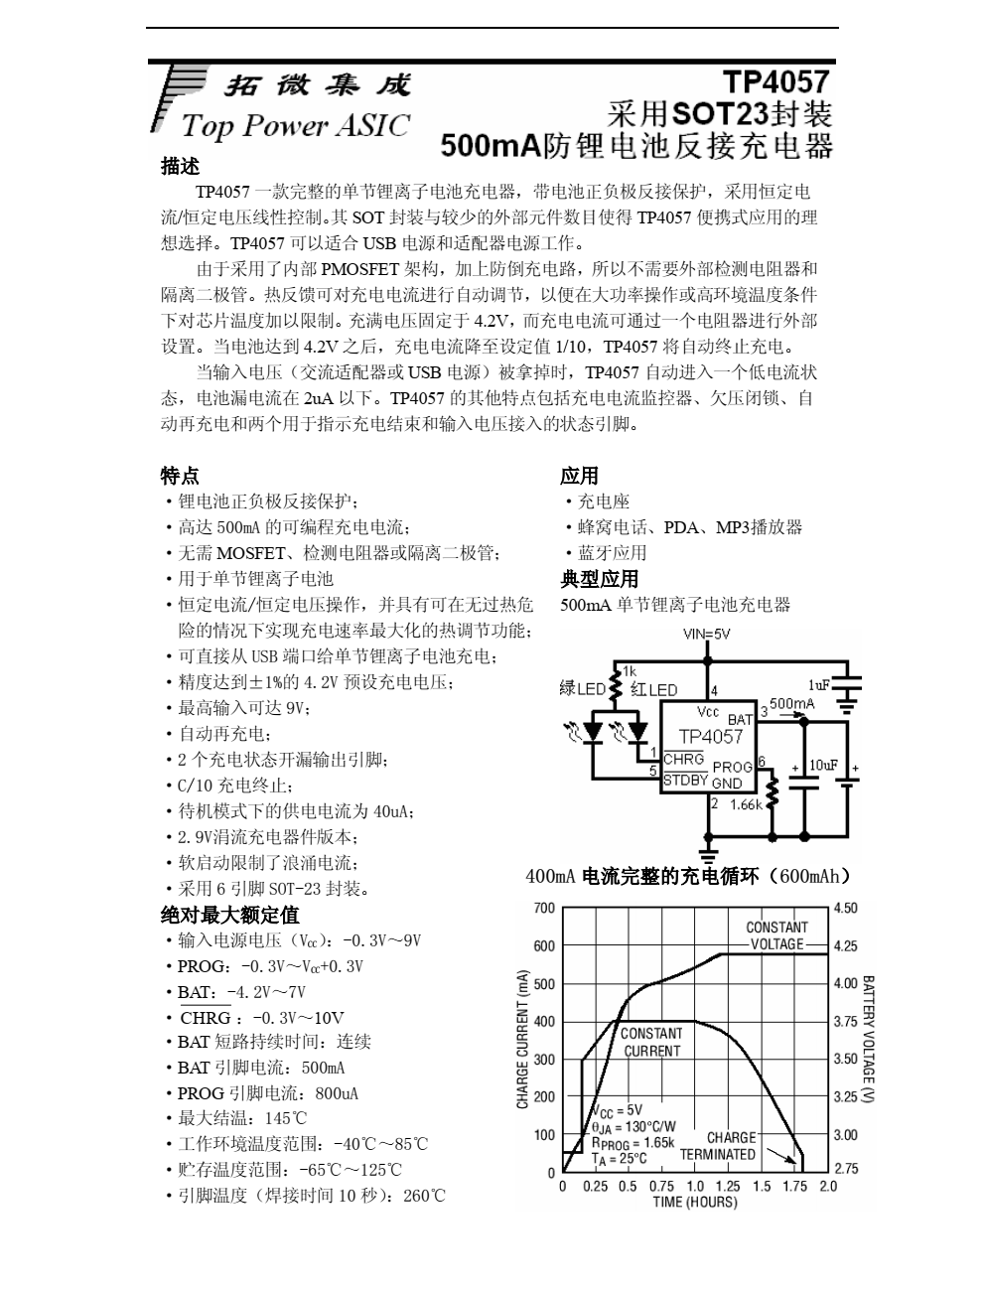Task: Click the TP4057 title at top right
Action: click(774, 82)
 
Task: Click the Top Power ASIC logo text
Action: click(295, 126)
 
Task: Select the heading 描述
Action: click(180, 166)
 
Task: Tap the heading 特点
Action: click(180, 476)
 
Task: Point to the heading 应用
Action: click(579, 476)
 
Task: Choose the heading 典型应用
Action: click(599, 579)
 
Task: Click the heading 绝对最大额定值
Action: click(229, 915)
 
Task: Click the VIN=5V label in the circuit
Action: click(707, 635)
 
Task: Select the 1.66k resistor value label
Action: click(745, 805)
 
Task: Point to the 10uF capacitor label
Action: click(824, 765)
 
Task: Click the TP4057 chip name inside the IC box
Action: click(710, 736)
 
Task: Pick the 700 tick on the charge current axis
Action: click(544, 909)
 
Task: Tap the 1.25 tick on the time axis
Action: click(727, 1186)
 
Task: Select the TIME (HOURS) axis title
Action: click(695, 1203)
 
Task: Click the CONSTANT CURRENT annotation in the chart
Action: click(651, 1042)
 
